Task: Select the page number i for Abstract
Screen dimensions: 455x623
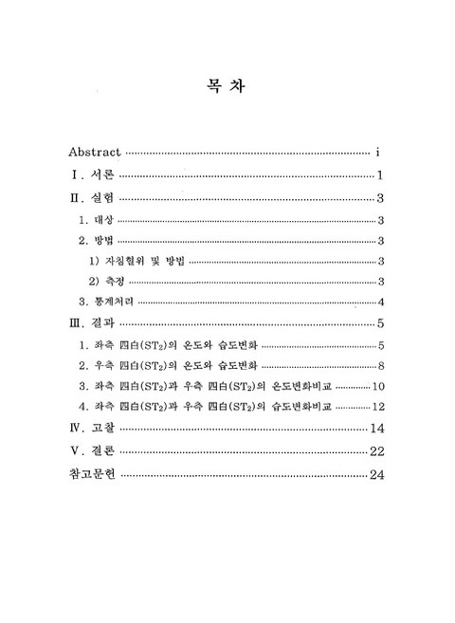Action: tap(378, 151)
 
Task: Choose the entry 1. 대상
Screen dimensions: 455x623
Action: tap(96, 220)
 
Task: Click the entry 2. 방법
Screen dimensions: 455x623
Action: tap(96, 241)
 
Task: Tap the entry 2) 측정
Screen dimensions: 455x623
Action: tap(108, 282)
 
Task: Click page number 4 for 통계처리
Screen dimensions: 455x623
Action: tap(379, 302)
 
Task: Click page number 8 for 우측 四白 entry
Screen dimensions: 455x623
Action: tap(379, 365)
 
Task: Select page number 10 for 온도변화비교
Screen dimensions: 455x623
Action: tap(376, 386)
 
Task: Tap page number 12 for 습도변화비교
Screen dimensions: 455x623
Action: tap(376, 407)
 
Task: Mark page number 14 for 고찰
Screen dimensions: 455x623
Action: tap(375, 429)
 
